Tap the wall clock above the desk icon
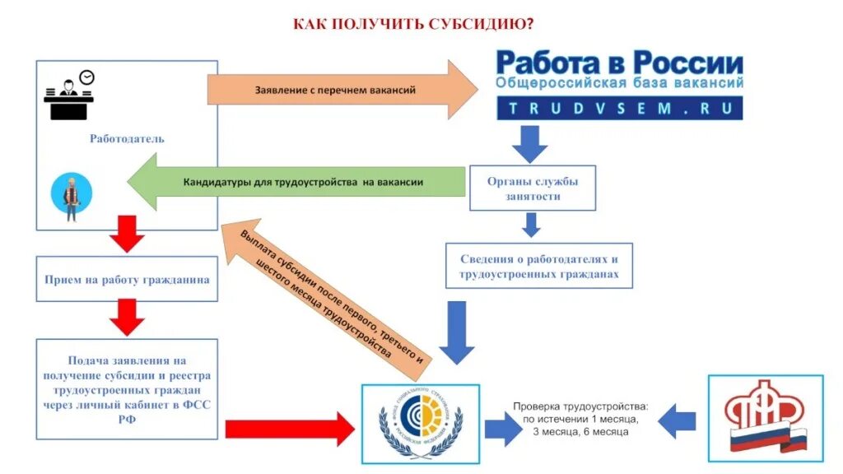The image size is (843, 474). click(86, 77)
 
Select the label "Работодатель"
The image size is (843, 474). click(127, 138)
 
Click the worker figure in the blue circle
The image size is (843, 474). click(71, 197)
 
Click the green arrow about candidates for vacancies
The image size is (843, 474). click(296, 183)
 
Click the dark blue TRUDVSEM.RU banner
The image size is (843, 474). click(619, 109)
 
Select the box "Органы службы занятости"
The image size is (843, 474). click(532, 188)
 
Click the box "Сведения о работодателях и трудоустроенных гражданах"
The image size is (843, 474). click(539, 265)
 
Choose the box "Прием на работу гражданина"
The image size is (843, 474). click(127, 280)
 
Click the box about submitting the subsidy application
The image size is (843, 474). click(127, 389)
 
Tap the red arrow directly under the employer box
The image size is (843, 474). click(127, 233)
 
